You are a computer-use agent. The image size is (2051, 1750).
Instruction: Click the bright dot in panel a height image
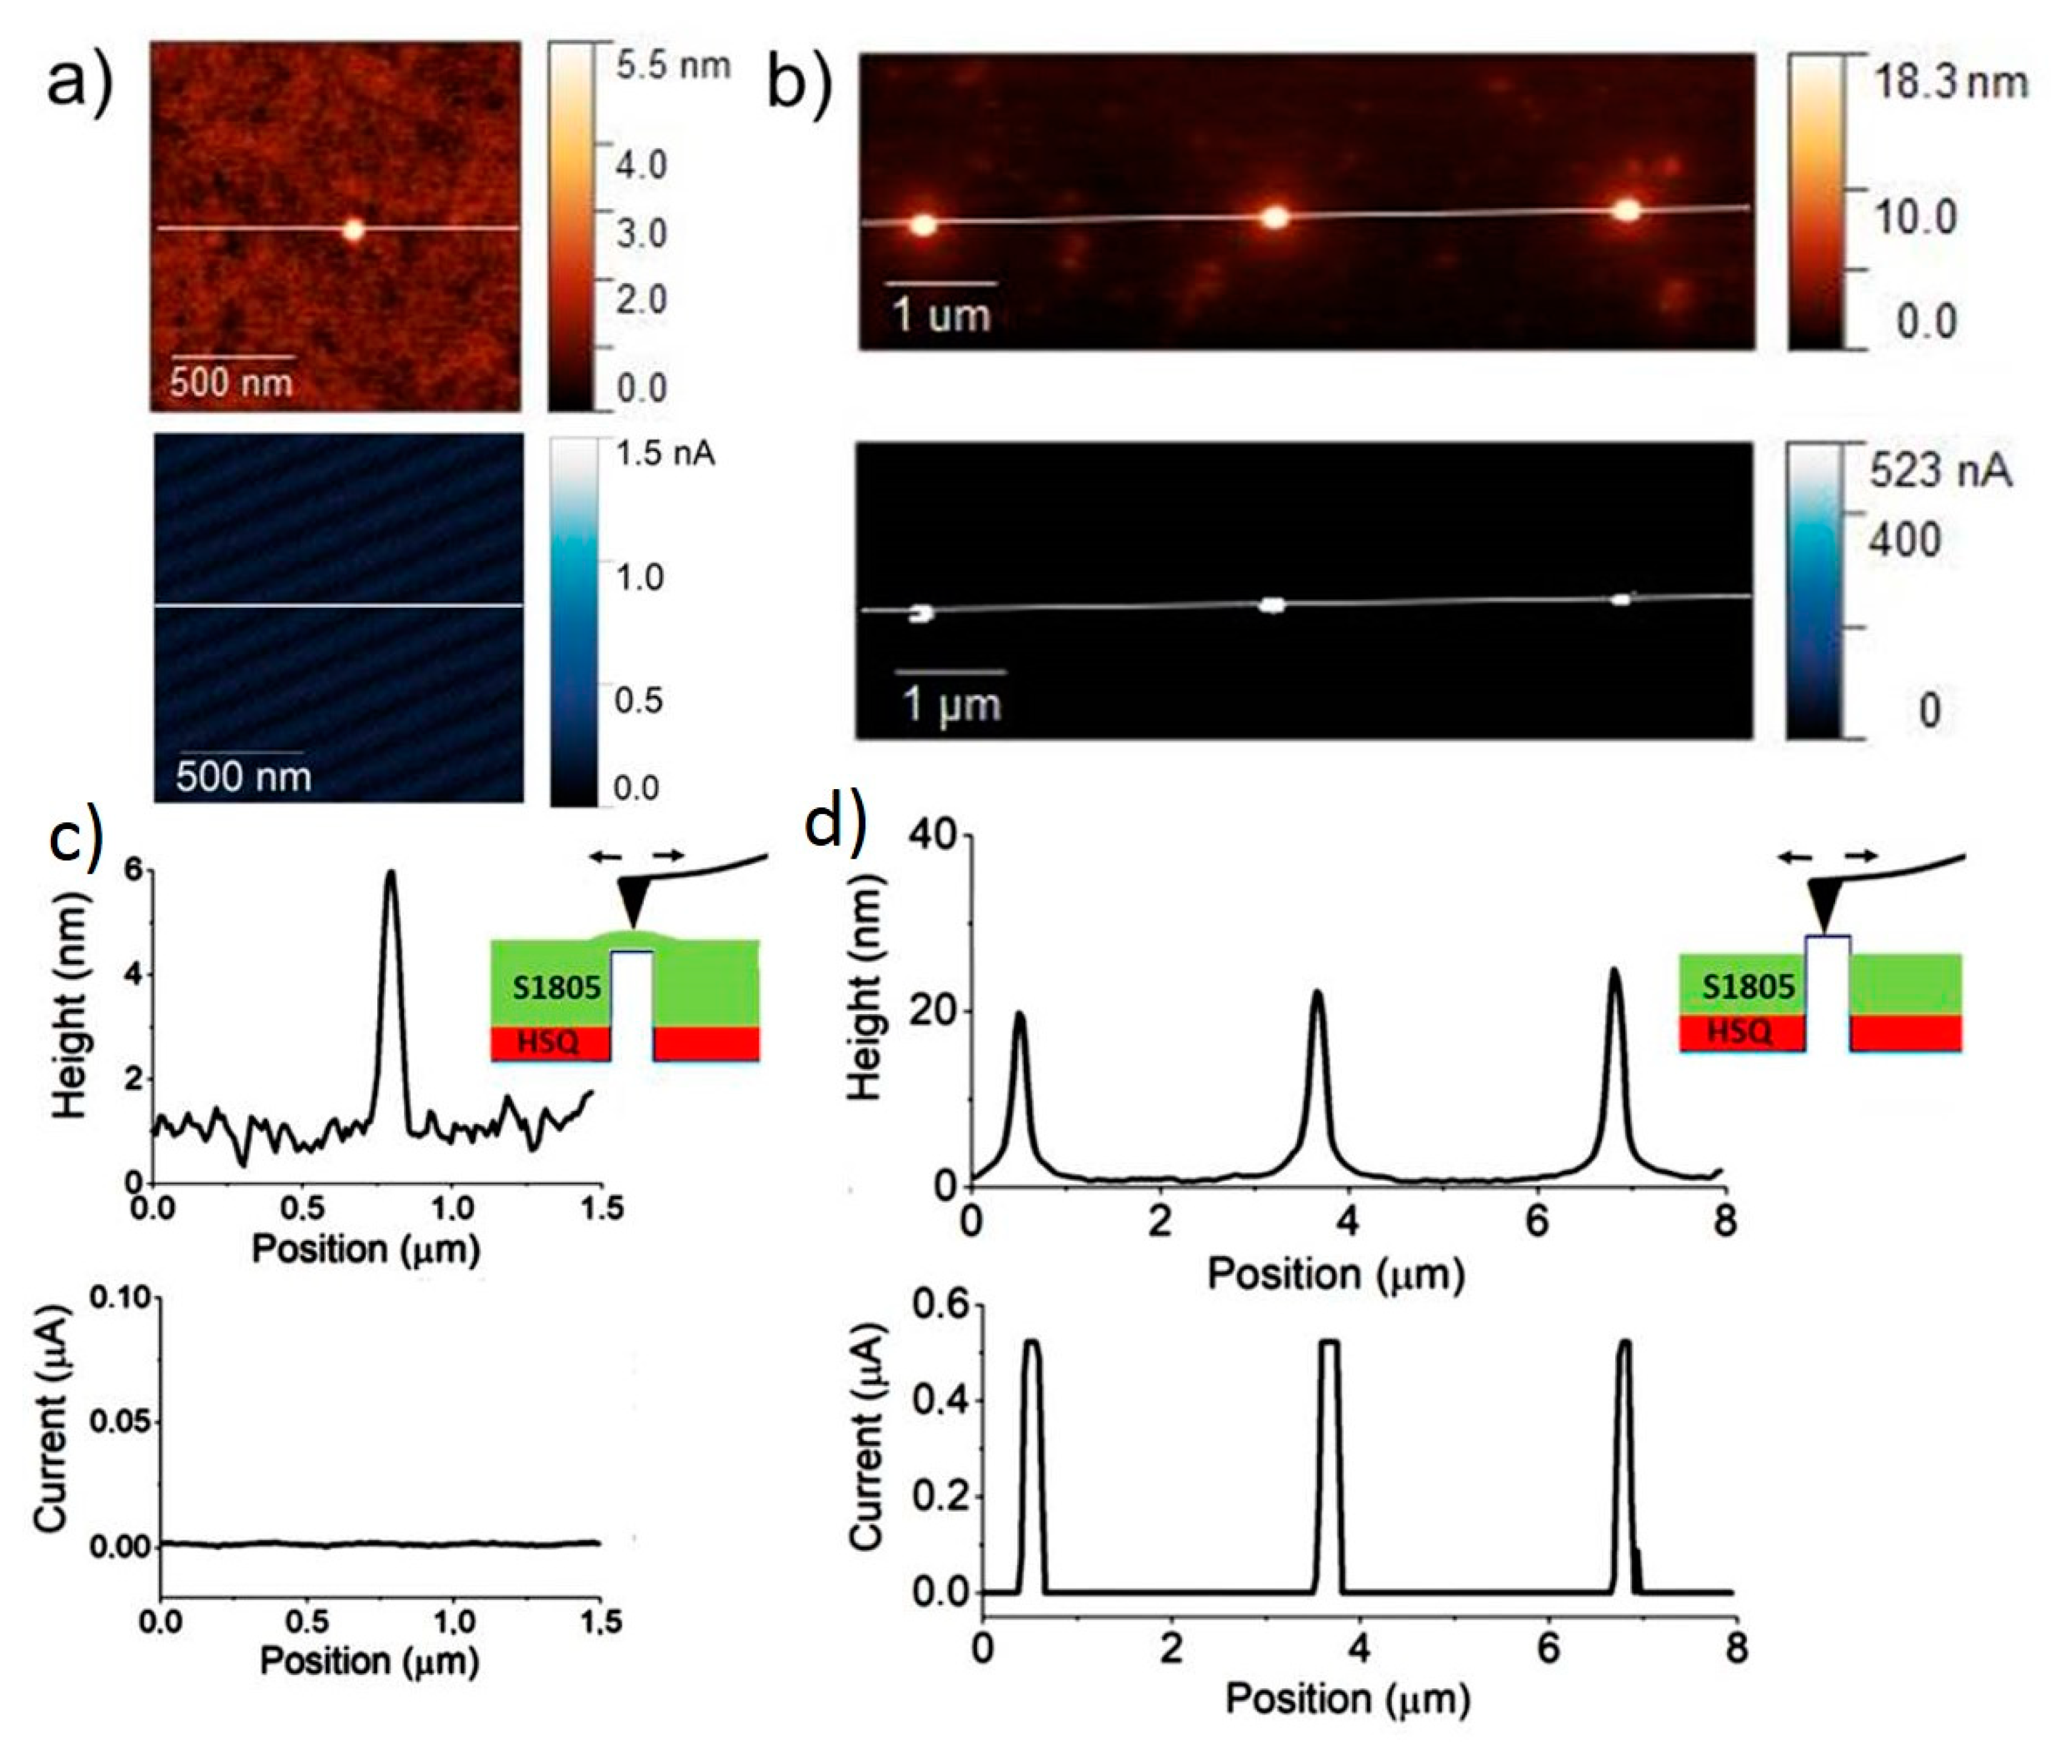pyautogui.click(x=353, y=230)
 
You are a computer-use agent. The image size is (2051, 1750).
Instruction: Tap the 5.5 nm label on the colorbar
pyautogui.click(x=672, y=65)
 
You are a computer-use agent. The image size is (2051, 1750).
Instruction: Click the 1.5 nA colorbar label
pyautogui.click(x=664, y=454)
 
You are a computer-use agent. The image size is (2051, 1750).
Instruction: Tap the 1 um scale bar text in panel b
pyautogui.click(x=940, y=315)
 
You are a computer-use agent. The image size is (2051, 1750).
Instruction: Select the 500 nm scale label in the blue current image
pyautogui.click(x=244, y=776)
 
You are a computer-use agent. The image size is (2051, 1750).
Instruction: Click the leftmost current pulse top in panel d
pyautogui.click(x=1032, y=1343)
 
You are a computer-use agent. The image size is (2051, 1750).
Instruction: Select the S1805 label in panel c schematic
pyautogui.click(x=556, y=987)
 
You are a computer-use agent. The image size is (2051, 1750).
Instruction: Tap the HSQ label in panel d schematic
pyautogui.click(x=1739, y=1032)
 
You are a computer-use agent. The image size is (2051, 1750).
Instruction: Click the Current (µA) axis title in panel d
pyautogui.click(x=866, y=1435)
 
